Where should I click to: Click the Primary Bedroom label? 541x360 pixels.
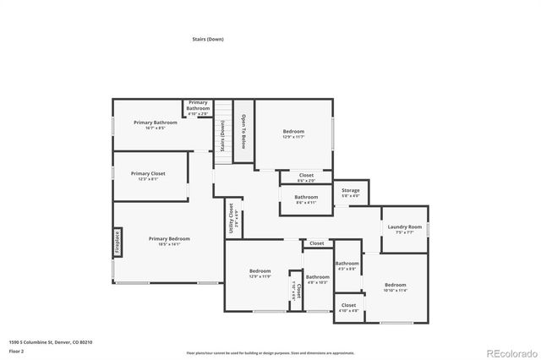coord(165,240)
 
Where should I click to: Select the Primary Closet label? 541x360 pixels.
coord(148,173)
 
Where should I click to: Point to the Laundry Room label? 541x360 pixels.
coord(404,227)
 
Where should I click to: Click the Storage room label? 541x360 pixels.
coord(350,191)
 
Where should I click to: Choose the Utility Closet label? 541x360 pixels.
coord(231,218)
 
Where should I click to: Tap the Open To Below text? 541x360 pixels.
coord(243,131)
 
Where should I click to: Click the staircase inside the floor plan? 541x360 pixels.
coord(222,131)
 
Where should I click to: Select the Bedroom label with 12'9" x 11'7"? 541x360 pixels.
coord(293,132)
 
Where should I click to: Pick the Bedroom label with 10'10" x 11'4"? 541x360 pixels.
coord(395,286)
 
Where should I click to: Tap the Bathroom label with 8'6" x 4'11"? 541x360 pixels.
coord(306,198)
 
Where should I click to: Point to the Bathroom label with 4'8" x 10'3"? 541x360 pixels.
coord(317,277)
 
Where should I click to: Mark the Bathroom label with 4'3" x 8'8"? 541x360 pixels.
coord(347,264)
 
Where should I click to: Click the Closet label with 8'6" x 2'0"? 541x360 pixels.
coord(306,176)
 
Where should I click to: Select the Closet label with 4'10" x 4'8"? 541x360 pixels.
coord(348,305)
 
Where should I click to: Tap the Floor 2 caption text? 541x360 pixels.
coord(16,350)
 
